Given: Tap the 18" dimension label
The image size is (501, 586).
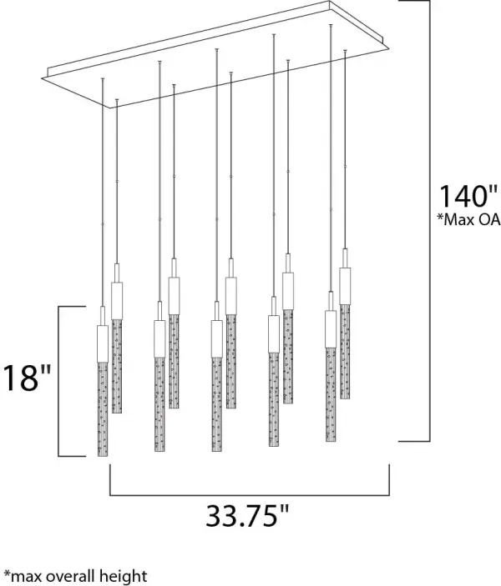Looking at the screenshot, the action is (x=26, y=378).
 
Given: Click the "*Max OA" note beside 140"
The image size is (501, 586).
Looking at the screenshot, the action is (x=468, y=219).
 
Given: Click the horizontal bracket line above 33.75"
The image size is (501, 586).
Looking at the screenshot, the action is (x=250, y=496).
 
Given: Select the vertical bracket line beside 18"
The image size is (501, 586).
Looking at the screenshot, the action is (x=58, y=381).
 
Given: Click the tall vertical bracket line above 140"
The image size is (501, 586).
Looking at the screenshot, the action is (x=429, y=221).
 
